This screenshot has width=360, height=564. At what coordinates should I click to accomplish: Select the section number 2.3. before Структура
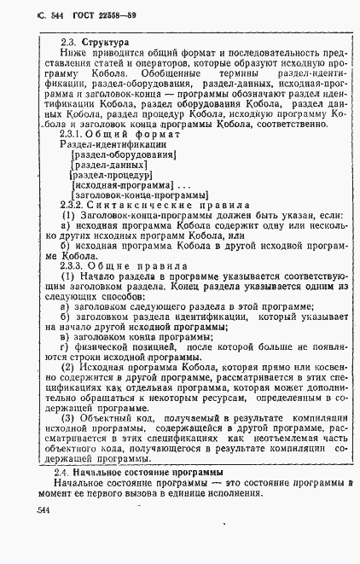pyautogui.click(x=69, y=42)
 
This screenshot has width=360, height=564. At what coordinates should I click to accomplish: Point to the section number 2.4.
pyautogui.click(x=61, y=472)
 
